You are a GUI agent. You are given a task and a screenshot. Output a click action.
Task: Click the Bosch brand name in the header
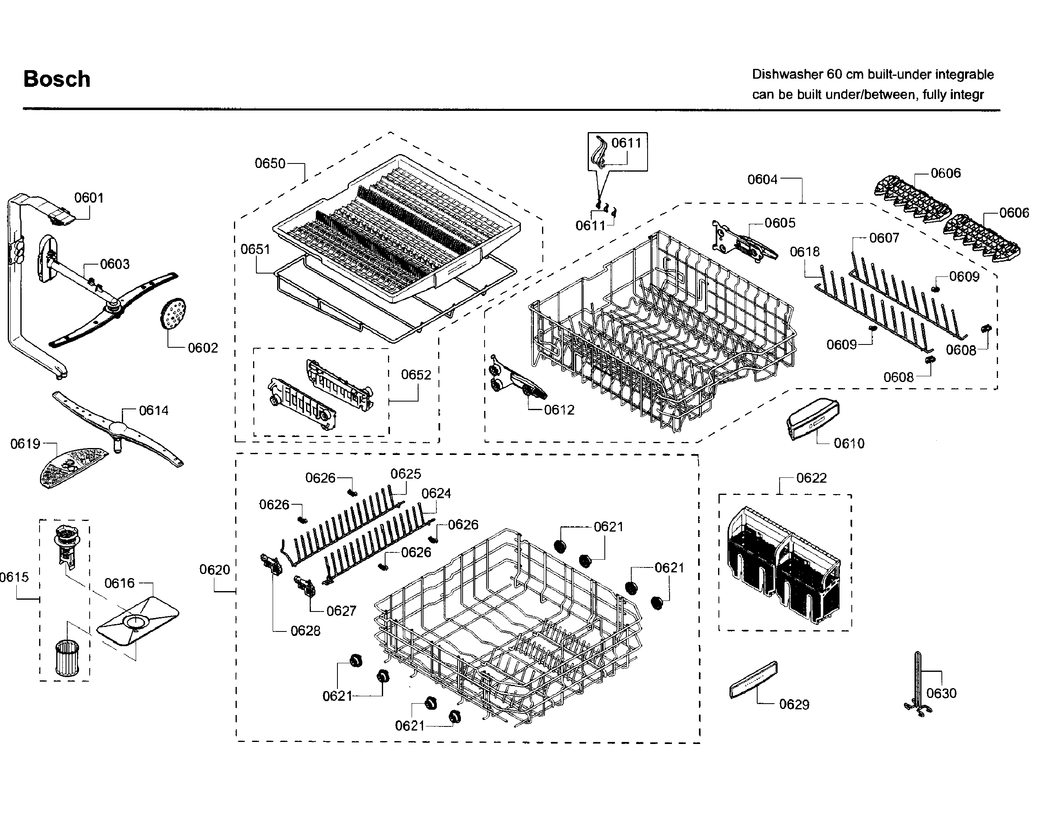[x=57, y=79]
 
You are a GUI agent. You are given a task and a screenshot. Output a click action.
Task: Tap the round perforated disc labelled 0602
[x=173, y=313]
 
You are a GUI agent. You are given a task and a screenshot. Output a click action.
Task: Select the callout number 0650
[x=270, y=163]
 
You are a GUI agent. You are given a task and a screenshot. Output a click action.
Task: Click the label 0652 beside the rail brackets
[x=416, y=374]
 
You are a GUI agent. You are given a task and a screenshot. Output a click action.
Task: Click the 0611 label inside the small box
[x=626, y=143]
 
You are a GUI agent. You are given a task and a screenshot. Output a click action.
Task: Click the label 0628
[x=305, y=631]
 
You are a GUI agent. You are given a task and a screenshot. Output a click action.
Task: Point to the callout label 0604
[x=762, y=179]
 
